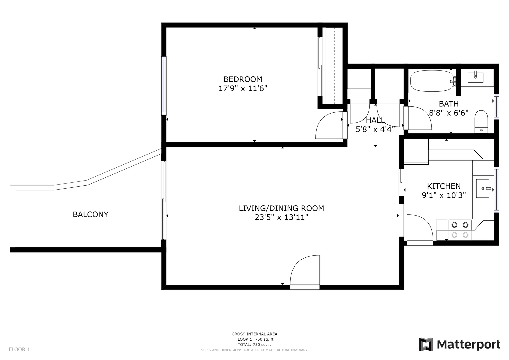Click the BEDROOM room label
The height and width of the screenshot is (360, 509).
coord(243,79)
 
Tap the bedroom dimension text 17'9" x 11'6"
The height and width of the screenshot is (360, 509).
coord(243,88)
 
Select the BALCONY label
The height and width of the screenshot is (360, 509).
coord(90,214)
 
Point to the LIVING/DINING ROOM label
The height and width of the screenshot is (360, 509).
coord(281,208)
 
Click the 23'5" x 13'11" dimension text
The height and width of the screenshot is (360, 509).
coord(281,217)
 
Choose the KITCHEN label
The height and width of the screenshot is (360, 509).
coord(444,186)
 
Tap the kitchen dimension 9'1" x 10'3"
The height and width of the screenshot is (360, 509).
coord(444,195)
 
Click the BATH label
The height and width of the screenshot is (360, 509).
coord(449,104)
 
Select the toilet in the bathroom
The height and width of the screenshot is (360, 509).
coord(481,122)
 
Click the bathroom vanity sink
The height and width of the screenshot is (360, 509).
coord(475,77)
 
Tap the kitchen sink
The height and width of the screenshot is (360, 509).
coord(483,188)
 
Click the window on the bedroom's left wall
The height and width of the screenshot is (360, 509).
coord(164,86)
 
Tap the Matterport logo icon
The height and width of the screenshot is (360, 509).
coord(426,344)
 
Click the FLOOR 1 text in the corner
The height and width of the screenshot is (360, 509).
coord(19,349)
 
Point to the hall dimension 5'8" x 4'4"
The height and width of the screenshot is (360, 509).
coord(375,129)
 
